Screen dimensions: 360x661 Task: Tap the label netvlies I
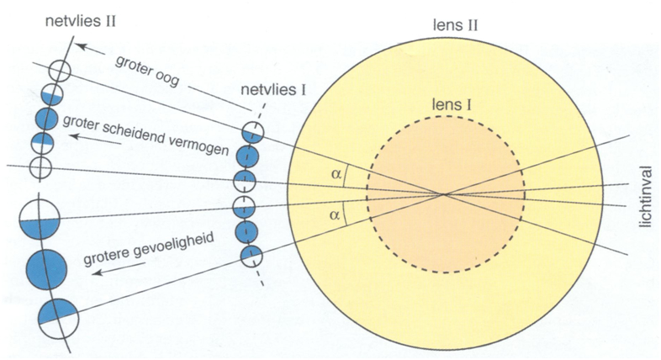pyautogui.click(x=274, y=90)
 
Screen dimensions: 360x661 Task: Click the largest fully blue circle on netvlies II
pyautogui.click(x=46, y=269)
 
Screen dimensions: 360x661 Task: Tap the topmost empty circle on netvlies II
pyautogui.click(x=59, y=71)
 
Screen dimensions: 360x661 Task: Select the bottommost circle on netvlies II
pyautogui.click(x=58, y=316)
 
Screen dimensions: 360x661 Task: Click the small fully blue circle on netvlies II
pyautogui.click(x=45, y=118)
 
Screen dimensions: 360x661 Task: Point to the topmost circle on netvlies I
pyautogui.click(x=252, y=132)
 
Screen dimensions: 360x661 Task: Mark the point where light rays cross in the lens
pyautogui.click(x=445, y=195)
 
